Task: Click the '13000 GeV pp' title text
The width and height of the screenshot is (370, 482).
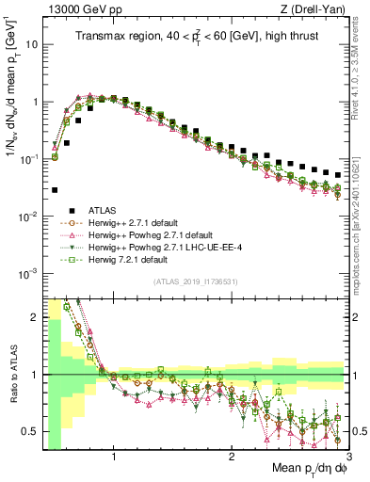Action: coord(78,8)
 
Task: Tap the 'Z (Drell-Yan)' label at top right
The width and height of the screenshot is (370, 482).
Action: coord(314,8)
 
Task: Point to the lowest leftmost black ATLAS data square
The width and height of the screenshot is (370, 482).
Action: coord(55,190)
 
